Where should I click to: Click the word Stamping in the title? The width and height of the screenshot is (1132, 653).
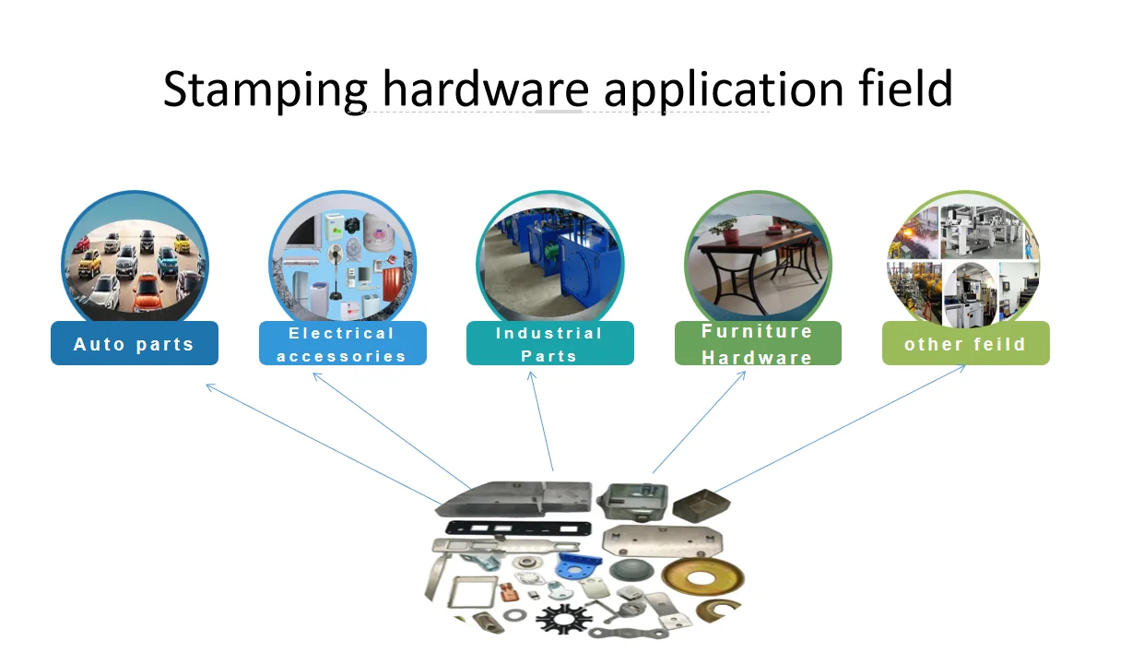(x=265, y=90)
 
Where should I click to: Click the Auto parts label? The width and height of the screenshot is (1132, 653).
(x=135, y=344)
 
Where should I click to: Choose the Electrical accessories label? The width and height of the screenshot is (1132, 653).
(x=342, y=344)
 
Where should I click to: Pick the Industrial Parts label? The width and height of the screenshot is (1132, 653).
(x=549, y=344)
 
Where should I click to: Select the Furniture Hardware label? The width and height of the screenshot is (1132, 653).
(x=758, y=343)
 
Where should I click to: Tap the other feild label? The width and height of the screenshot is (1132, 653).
(x=965, y=344)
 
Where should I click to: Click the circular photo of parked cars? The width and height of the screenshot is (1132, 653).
(x=135, y=263)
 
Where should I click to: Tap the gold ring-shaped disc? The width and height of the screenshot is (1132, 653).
(x=691, y=576)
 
